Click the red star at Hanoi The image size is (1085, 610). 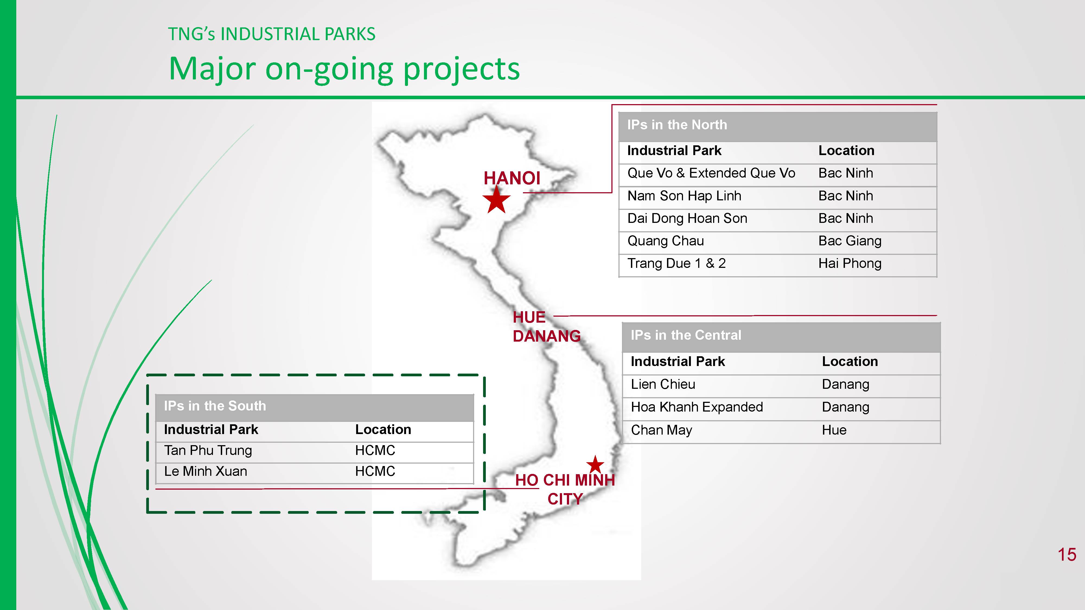[x=497, y=200]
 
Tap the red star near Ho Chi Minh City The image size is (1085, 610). [x=595, y=464]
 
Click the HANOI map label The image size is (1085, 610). [x=512, y=178]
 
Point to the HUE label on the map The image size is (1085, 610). [x=529, y=317]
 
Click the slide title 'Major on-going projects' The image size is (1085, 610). [x=344, y=69]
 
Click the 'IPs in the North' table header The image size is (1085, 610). [x=677, y=125]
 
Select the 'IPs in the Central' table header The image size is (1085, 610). [x=686, y=335]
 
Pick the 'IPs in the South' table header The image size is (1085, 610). [x=215, y=406]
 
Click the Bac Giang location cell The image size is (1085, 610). [x=850, y=241]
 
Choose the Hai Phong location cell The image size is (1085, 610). [x=850, y=264]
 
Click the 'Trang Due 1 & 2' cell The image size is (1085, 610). [x=676, y=264]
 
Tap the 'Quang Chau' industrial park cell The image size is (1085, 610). [x=665, y=241]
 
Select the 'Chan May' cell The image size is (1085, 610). [x=661, y=430]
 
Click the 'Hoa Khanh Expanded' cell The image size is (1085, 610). [x=697, y=407]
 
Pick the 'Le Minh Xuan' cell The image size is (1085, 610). [x=206, y=471]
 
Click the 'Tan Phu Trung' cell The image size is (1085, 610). [x=208, y=450]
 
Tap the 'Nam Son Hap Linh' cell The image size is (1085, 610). [x=684, y=196]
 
